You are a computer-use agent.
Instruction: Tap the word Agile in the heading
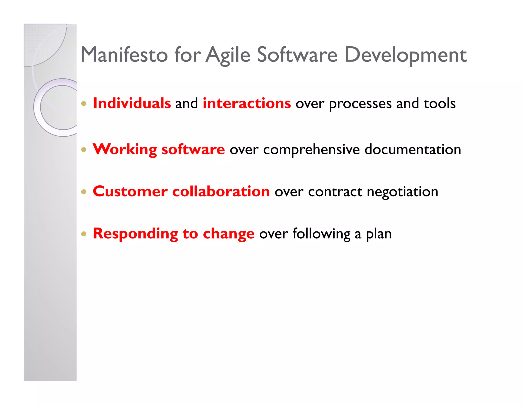(228, 55)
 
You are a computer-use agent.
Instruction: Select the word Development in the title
(406, 55)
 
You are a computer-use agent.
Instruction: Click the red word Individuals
(132, 103)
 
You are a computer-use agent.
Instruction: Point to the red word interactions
(247, 103)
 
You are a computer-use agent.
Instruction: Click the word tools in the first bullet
(439, 103)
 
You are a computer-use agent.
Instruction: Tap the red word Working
(125, 149)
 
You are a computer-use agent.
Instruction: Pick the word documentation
(413, 149)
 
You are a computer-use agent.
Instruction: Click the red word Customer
(130, 191)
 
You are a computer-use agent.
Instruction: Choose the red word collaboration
(221, 191)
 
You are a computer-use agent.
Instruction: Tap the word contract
(335, 192)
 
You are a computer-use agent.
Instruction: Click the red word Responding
(135, 234)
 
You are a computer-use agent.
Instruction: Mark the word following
(321, 234)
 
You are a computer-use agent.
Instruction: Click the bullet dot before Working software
(84, 150)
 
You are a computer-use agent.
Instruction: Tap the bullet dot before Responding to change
(84, 234)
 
